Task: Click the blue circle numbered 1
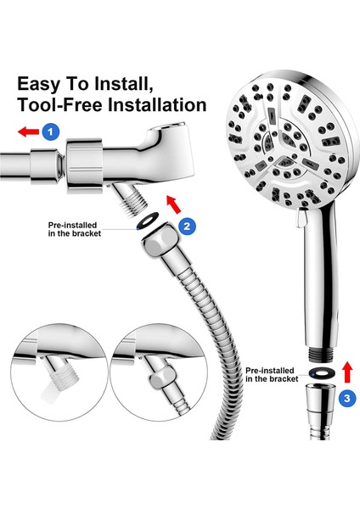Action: click(x=51, y=131)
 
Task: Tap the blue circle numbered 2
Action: click(x=187, y=226)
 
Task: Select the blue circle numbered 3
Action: click(x=347, y=398)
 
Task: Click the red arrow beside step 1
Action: click(x=28, y=131)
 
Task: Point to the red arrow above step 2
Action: click(x=174, y=204)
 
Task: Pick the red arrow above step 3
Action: click(x=347, y=372)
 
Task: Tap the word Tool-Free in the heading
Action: click(x=60, y=104)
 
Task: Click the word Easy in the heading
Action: click(x=39, y=84)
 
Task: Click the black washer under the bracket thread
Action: click(x=148, y=221)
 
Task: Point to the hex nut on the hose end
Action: click(x=160, y=239)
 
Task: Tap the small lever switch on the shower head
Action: click(x=301, y=217)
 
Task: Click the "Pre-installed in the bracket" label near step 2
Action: click(x=75, y=229)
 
